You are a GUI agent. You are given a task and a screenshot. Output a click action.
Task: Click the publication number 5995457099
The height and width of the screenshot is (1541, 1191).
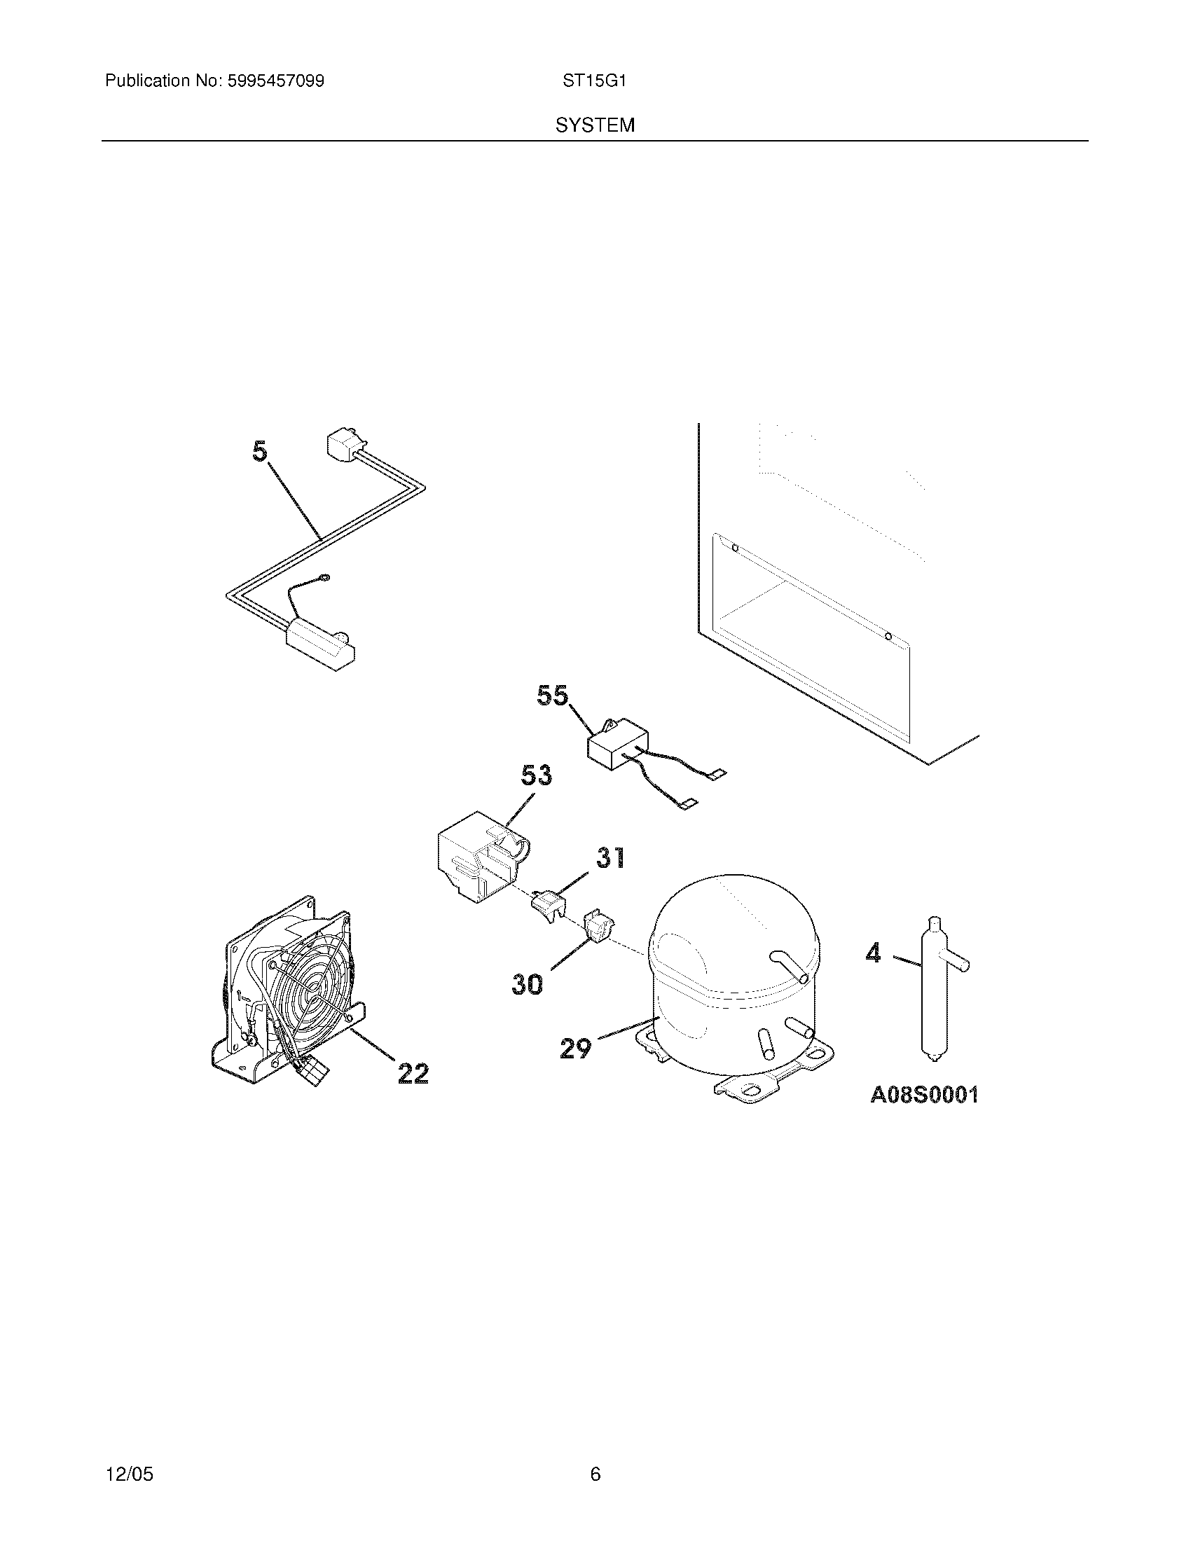click(275, 81)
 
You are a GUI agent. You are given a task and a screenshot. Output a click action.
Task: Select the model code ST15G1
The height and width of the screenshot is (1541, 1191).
click(594, 81)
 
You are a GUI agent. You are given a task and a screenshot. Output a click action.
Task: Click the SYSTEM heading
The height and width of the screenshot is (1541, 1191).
click(595, 125)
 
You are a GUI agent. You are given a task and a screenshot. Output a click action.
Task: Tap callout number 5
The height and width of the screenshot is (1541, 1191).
click(261, 452)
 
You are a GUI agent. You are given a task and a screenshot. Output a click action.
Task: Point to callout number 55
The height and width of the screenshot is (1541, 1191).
click(552, 696)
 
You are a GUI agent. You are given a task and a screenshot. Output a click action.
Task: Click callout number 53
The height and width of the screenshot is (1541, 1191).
click(536, 775)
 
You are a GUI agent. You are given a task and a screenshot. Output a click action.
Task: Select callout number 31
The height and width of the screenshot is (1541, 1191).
click(611, 857)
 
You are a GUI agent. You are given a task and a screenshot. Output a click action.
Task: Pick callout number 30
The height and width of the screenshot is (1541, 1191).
click(527, 984)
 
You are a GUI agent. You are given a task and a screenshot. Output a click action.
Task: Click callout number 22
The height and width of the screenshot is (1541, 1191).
click(413, 1074)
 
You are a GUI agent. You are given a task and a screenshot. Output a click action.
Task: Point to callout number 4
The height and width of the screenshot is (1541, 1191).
click(873, 954)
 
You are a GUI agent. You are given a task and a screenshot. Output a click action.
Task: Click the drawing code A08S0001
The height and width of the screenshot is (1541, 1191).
click(923, 1094)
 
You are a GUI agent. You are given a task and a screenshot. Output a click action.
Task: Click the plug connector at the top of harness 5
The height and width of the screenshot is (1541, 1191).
click(341, 445)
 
